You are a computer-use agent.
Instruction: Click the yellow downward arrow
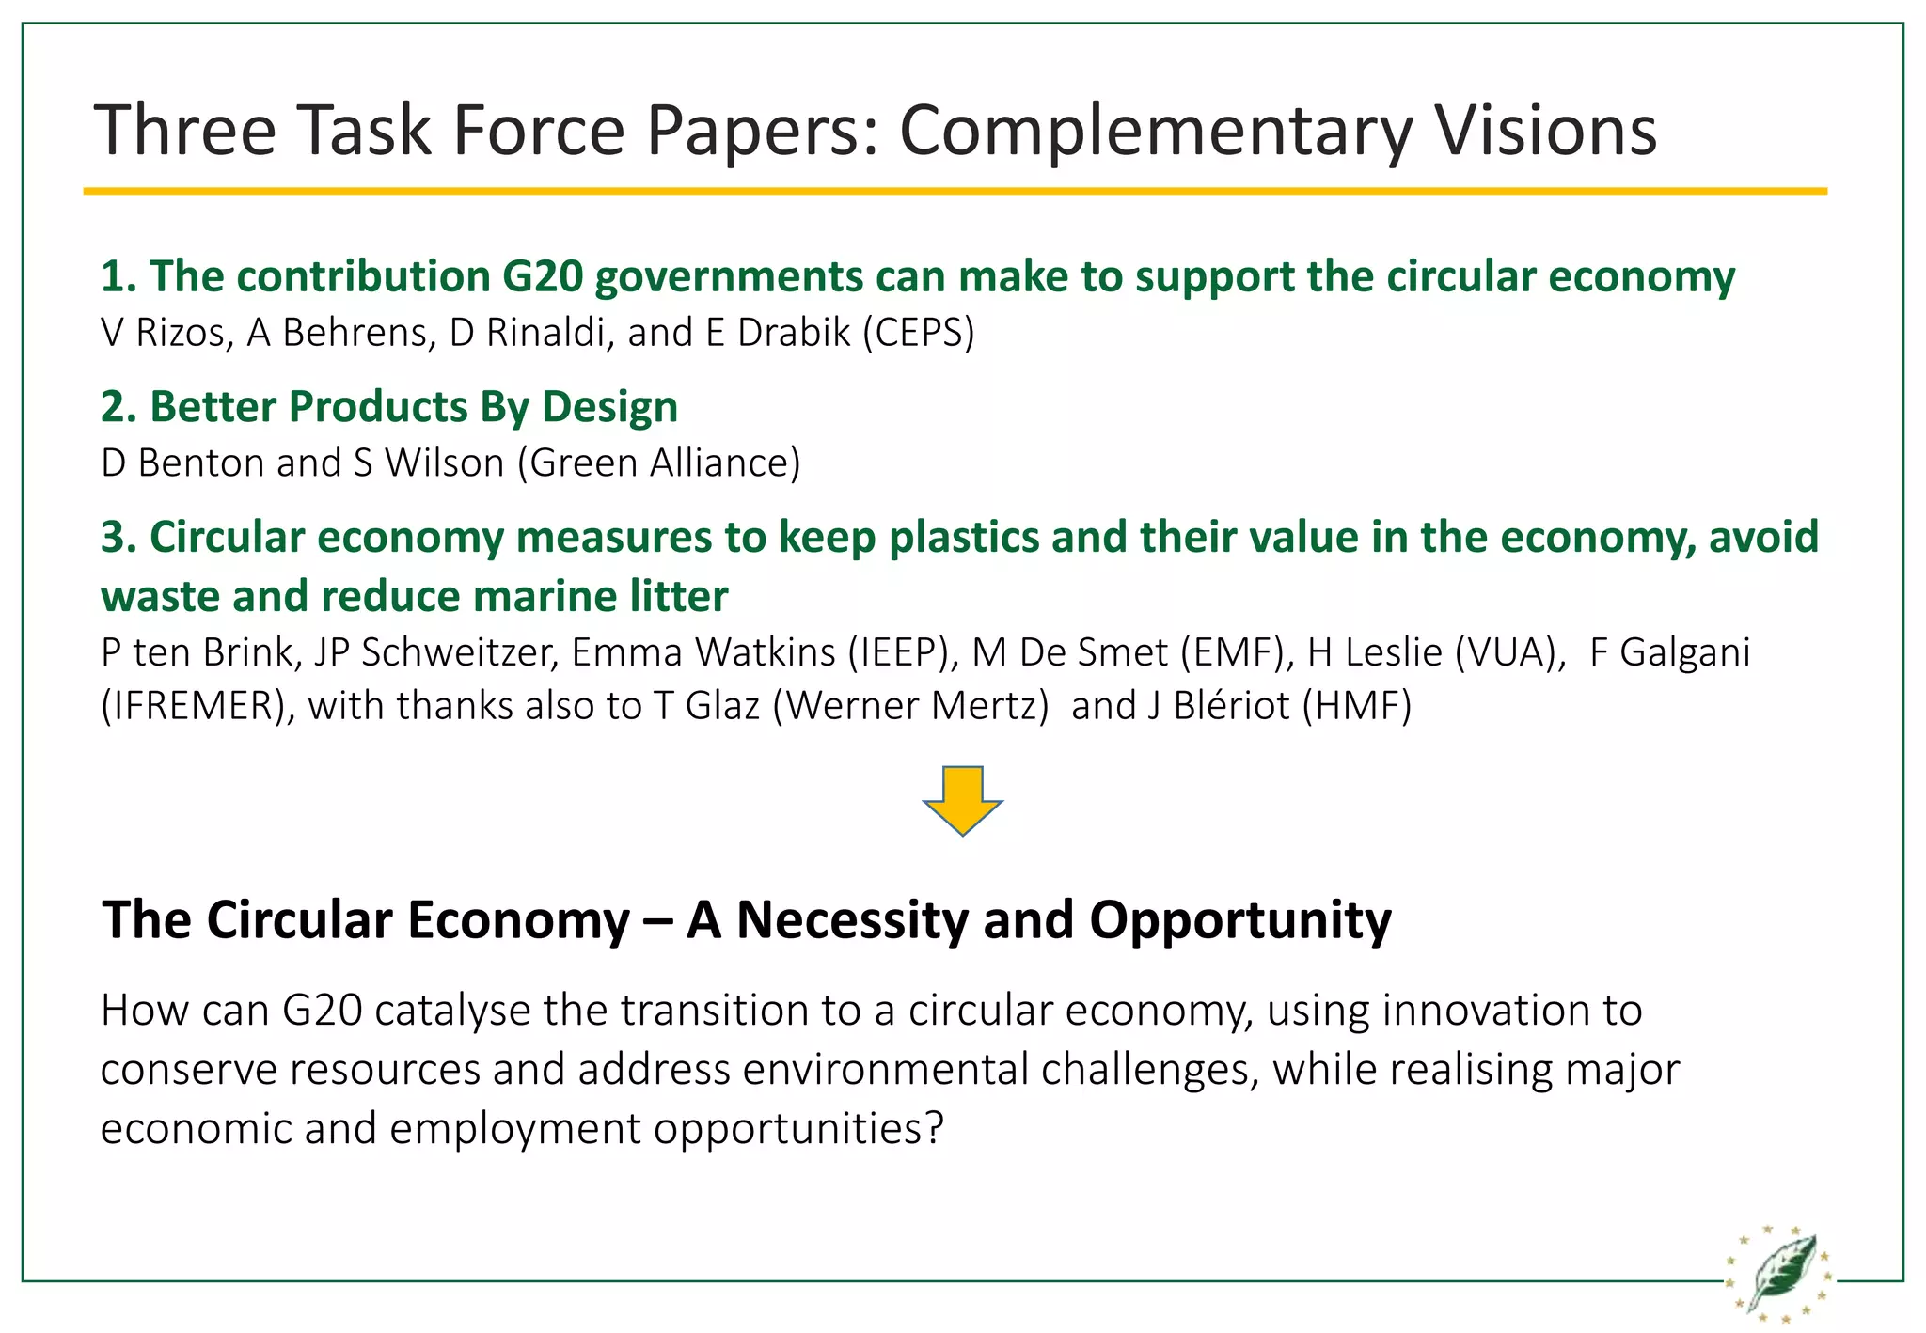point(962,800)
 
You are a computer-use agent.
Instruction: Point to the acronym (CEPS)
point(919,333)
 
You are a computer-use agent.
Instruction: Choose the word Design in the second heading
point(610,407)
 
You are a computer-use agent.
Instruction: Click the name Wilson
point(445,463)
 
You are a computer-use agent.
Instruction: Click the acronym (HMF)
point(1357,706)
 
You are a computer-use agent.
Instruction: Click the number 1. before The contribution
point(118,276)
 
